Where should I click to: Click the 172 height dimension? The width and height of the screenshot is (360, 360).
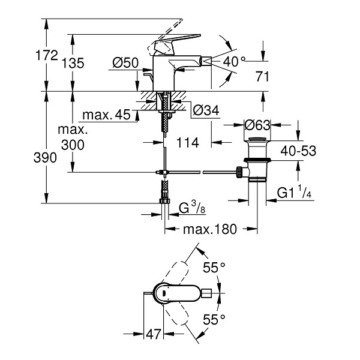tap(47, 55)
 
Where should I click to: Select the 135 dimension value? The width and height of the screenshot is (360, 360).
tap(73, 63)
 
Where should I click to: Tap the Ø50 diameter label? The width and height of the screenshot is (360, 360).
tap(125, 62)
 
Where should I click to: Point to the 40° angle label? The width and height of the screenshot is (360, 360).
tap(234, 62)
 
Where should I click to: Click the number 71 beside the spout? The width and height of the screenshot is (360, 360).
tap(262, 76)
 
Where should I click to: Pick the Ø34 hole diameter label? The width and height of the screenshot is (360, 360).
tap(206, 110)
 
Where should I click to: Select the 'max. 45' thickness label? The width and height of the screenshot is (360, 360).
tap(107, 115)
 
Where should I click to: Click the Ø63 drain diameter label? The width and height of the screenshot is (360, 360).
tap(257, 125)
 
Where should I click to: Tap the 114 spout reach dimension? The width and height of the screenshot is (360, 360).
tap(188, 143)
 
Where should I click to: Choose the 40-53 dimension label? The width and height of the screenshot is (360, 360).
tap(298, 151)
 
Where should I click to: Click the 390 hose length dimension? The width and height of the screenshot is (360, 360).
tap(45, 158)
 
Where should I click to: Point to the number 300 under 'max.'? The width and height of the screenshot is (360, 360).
tap(73, 145)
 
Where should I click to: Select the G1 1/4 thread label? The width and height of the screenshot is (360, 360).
tap(294, 192)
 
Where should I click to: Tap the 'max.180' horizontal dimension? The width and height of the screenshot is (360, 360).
tap(210, 229)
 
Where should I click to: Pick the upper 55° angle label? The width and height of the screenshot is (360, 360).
tap(214, 267)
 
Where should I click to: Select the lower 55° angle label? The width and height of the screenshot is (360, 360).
tap(214, 319)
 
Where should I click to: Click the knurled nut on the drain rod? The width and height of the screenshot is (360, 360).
tap(239, 172)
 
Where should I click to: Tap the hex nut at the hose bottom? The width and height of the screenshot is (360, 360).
tap(164, 201)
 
